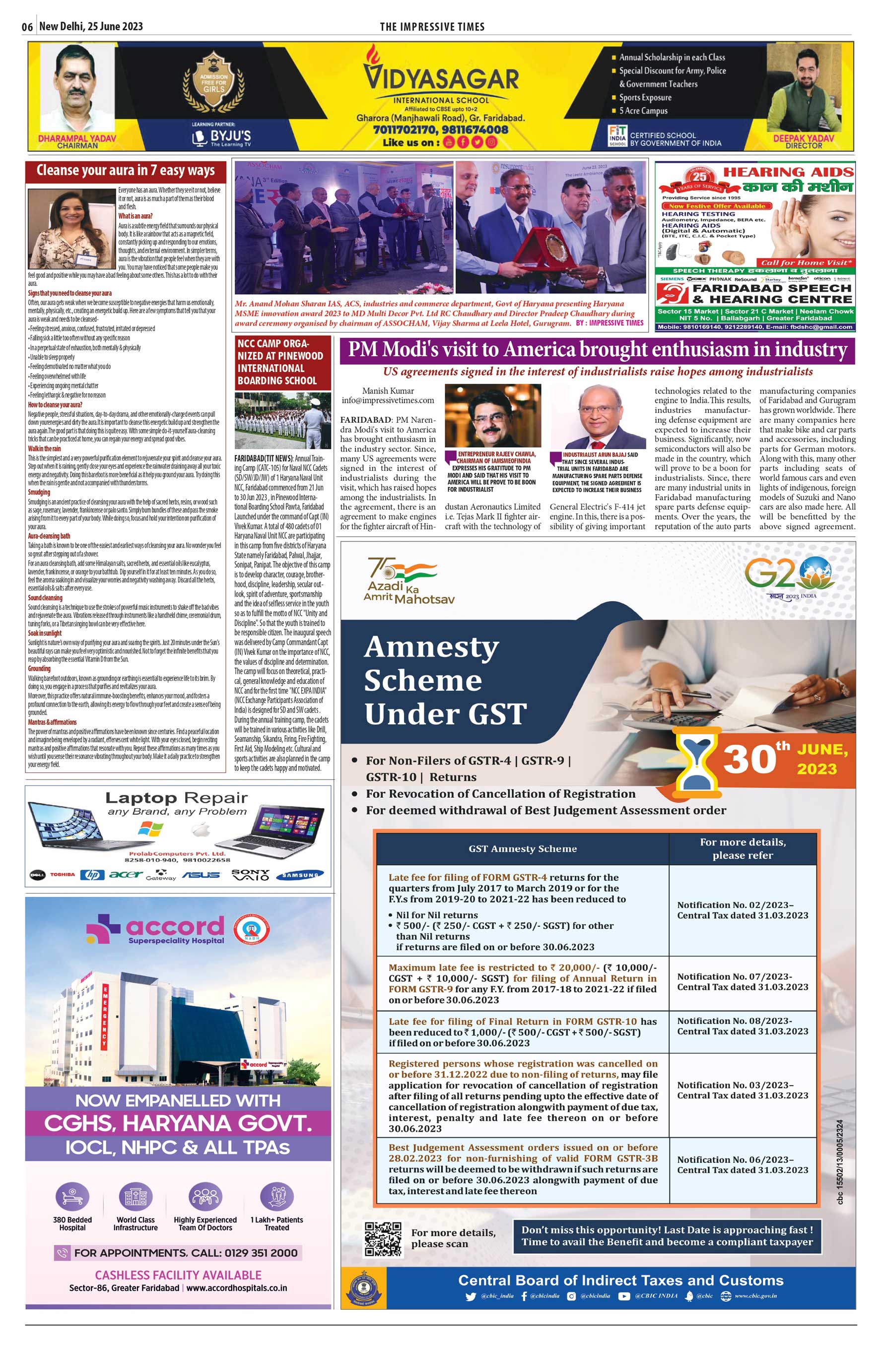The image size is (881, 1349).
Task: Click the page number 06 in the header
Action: (x=27, y=27)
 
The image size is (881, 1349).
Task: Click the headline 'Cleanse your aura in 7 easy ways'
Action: (x=125, y=171)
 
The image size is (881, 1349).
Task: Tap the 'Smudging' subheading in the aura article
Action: (x=39, y=492)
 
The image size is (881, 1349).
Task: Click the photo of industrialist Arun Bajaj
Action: (x=598, y=416)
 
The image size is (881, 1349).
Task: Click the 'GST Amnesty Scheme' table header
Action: (x=522, y=848)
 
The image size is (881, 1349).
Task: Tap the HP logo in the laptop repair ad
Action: (x=92, y=875)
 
